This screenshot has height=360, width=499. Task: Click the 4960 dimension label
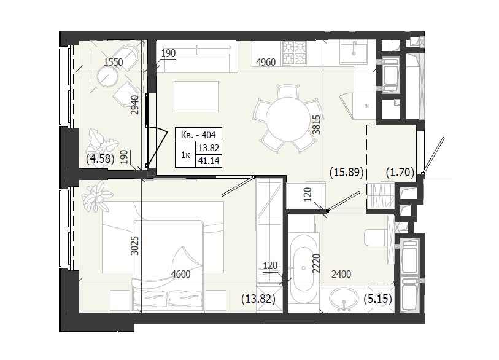pyautogui.click(x=266, y=62)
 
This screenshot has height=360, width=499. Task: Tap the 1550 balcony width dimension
pyautogui.click(x=114, y=62)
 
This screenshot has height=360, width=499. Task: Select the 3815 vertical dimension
pyautogui.click(x=316, y=125)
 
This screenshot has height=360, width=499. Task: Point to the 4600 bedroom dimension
pyautogui.click(x=180, y=273)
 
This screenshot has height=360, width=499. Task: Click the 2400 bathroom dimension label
pyautogui.click(x=341, y=273)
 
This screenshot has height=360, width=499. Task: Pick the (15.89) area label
pyautogui.click(x=346, y=173)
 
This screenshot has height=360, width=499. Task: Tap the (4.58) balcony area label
pyautogui.click(x=100, y=158)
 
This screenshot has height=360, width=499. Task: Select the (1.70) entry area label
pyautogui.click(x=400, y=173)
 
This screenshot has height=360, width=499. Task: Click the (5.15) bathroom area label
pyautogui.click(x=377, y=299)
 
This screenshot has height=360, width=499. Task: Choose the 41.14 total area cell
pyautogui.click(x=209, y=161)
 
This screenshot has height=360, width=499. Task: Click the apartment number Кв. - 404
pyautogui.click(x=198, y=135)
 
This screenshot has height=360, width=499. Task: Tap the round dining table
pyautogui.click(x=288, y=119)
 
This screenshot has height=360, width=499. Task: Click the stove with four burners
pyautogui.click(x=295, y=53)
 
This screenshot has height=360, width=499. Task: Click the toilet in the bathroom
pyautogui.click(x=376, y=238)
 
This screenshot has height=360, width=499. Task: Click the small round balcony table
pyautogui.click(x=107, y=77)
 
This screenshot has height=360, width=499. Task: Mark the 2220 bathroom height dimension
pyautogui.click(x=316, y=263)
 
